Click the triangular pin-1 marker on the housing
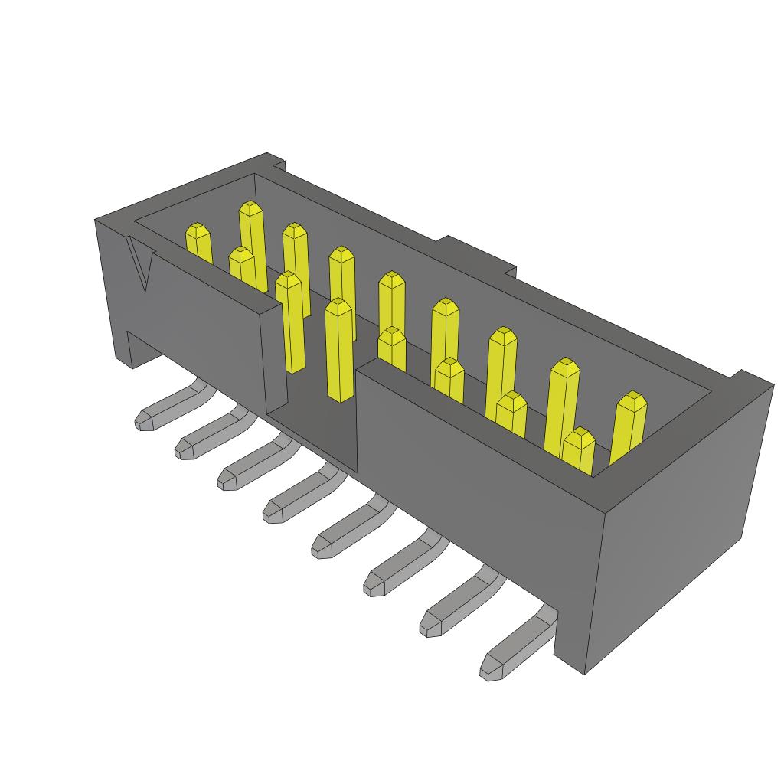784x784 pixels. coord(141,263)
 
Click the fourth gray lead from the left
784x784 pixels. coord(299,497)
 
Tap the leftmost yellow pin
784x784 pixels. coord(198,243)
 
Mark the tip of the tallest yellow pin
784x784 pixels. coord(250,209)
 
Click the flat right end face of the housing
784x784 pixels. coord(674,528)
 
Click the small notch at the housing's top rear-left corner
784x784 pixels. coord(276,162)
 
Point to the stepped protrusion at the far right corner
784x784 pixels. coord(746,378)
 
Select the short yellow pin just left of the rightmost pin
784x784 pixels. coord(579,452)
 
